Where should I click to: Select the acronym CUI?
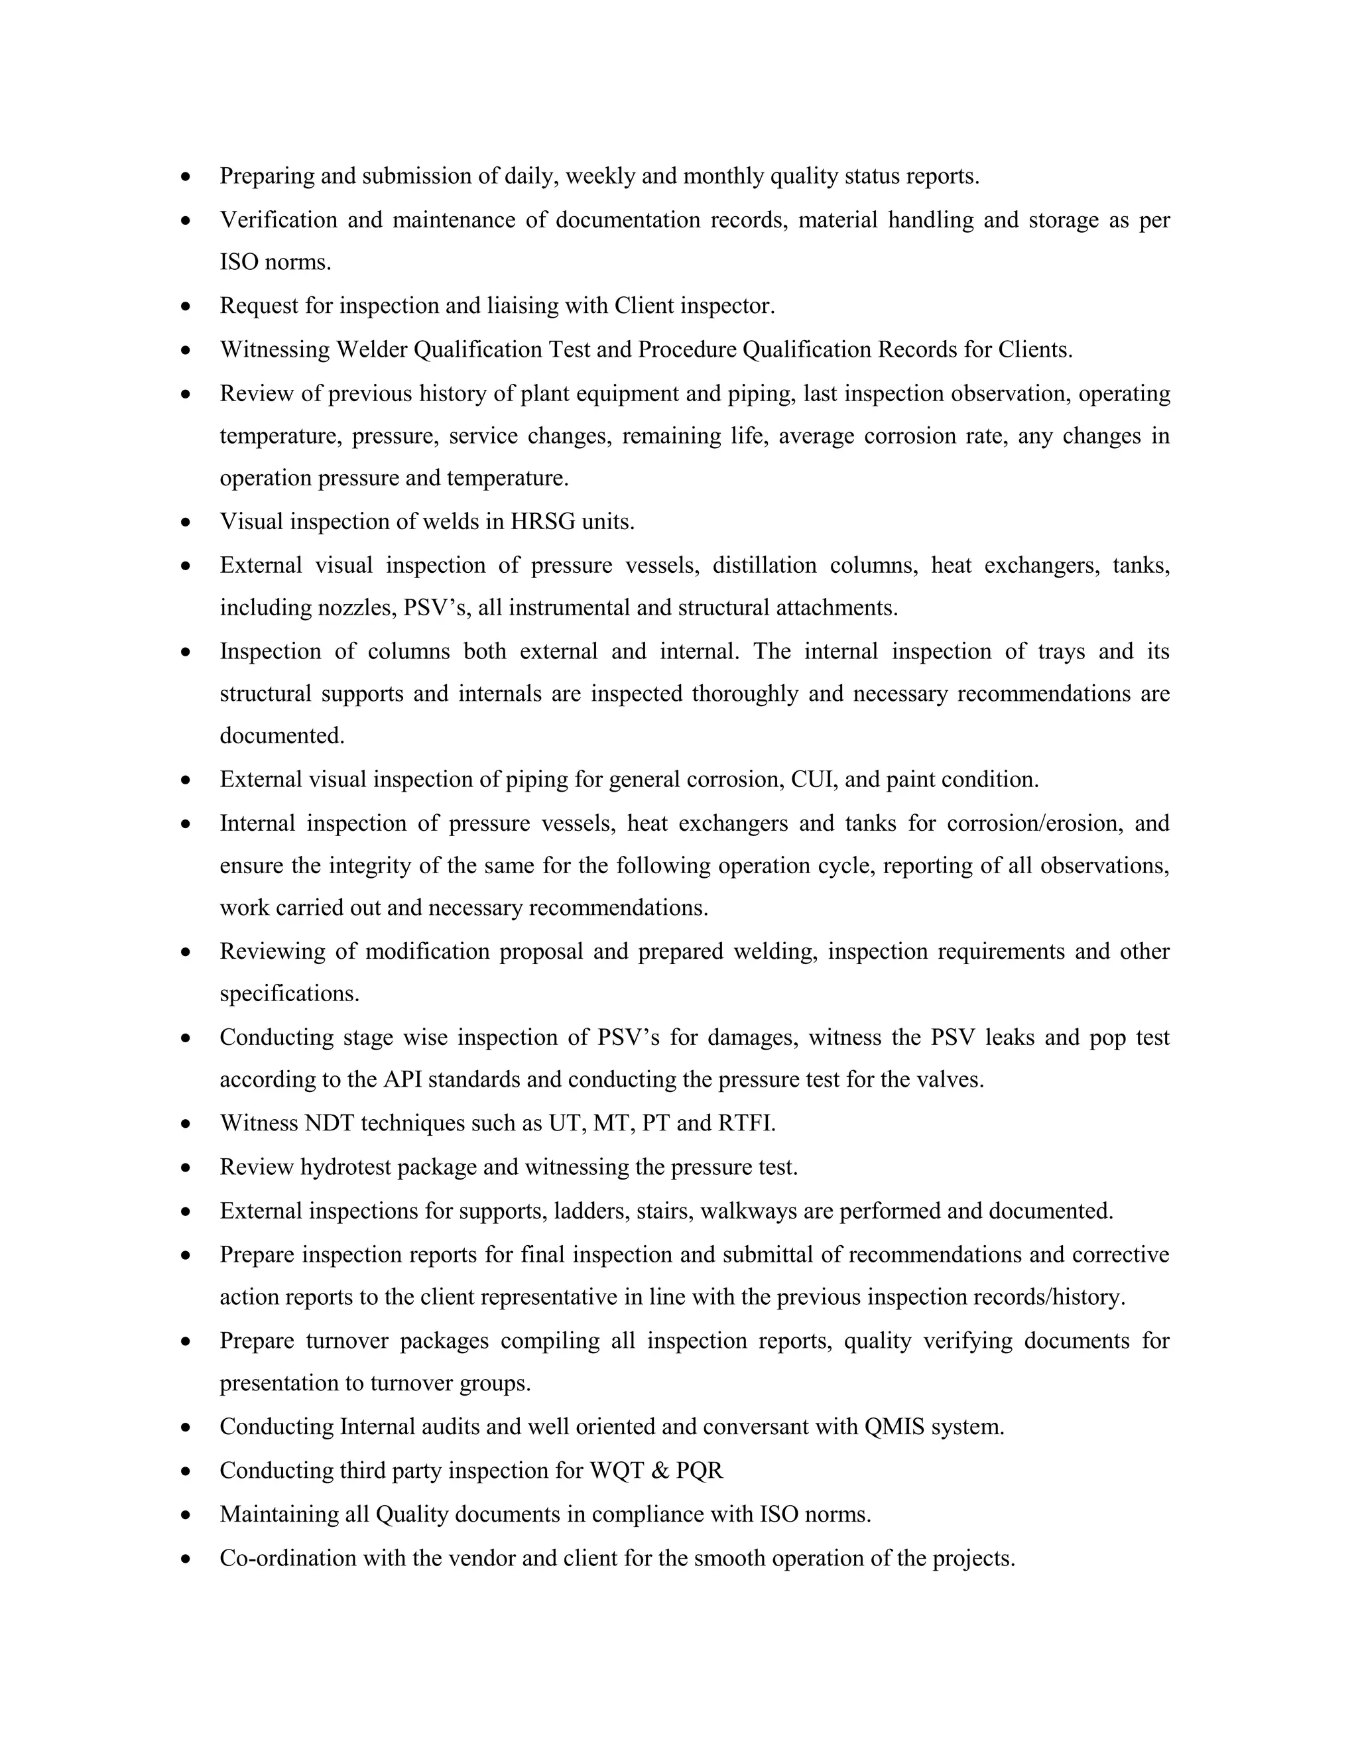[x=814, y=779]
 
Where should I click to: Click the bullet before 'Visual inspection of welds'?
[x=186, y=522]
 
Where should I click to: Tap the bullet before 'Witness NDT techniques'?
[x=186, y=1123]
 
